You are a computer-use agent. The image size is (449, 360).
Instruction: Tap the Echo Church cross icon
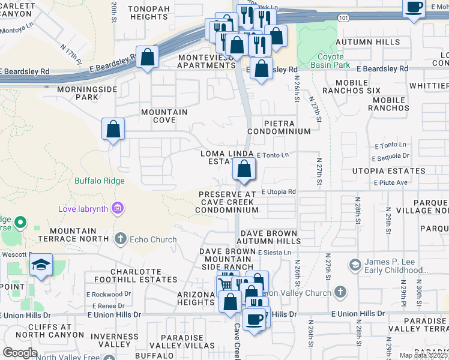pyautogui.click(x=120, y=239)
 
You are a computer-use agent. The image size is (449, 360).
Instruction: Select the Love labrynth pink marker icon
pyautogui.click(x=118, y=209)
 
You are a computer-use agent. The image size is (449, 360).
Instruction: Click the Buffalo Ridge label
pyautogui.click(x=100, y=181)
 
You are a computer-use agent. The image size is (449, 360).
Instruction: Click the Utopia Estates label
pyautogui.click(x=390, y=172)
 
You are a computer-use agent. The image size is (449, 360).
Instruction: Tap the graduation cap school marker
pyautogui.click(x=41, y=265)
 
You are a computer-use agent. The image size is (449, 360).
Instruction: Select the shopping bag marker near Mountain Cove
pyautogui.click(x=113, y=129)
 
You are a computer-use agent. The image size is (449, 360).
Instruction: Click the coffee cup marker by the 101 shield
pyautogui.click(x=414, y=8)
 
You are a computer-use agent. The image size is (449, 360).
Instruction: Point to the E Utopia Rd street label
pyautogui.click(x=279, y=192)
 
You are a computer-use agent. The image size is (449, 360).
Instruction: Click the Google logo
pyautogui.click(x=20, y=353)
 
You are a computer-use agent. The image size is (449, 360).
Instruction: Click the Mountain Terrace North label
pyautogui.click(x=73, y=235)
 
